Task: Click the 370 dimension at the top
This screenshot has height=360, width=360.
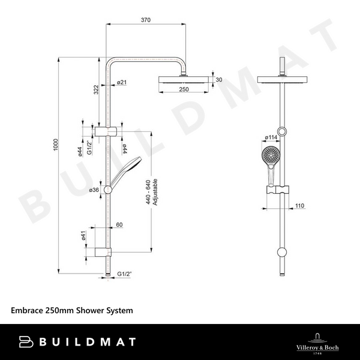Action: (145, 20)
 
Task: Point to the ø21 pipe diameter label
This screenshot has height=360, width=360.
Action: (121, 82)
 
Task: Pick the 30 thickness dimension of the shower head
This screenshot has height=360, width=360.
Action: (218, 80)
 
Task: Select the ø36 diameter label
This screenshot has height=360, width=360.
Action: (94, 190)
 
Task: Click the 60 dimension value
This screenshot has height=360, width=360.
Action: (119, 225)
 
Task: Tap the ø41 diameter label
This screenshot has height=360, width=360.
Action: (83, 236)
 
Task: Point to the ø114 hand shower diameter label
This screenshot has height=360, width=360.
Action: (271, 137)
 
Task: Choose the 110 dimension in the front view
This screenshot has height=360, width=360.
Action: (299, 206)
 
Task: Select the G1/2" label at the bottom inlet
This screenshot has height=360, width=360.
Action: (125, 274)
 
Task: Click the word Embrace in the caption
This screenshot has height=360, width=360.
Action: (27, 311)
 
